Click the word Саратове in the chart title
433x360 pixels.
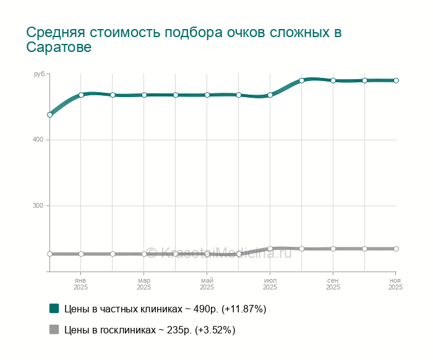(x=59, y=48)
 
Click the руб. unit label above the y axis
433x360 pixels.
(x=40, y=74)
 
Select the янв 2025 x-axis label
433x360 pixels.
(x=80, y=284)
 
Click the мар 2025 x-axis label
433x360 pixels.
(x=144, y=284)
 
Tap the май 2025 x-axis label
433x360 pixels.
(x=207, y=284)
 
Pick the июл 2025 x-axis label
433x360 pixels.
(x=270, y=284)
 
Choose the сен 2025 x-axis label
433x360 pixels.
(x=333, y=284)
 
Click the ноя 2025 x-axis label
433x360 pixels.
(x=395, y=284)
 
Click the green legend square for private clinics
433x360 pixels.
(x=54, y=308)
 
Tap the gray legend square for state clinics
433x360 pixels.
(x=54, y=330)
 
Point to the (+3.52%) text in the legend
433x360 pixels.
(x=215, y=330)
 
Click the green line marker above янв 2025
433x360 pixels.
(x=81, y=95)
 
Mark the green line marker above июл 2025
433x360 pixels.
(x=270, y=95)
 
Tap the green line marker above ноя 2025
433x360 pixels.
(x=396, y=80)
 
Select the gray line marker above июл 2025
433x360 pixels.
(x=270, y=249)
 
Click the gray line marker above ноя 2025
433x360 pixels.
(x=396, y=249)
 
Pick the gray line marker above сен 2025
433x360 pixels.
(x=333, y=249)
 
